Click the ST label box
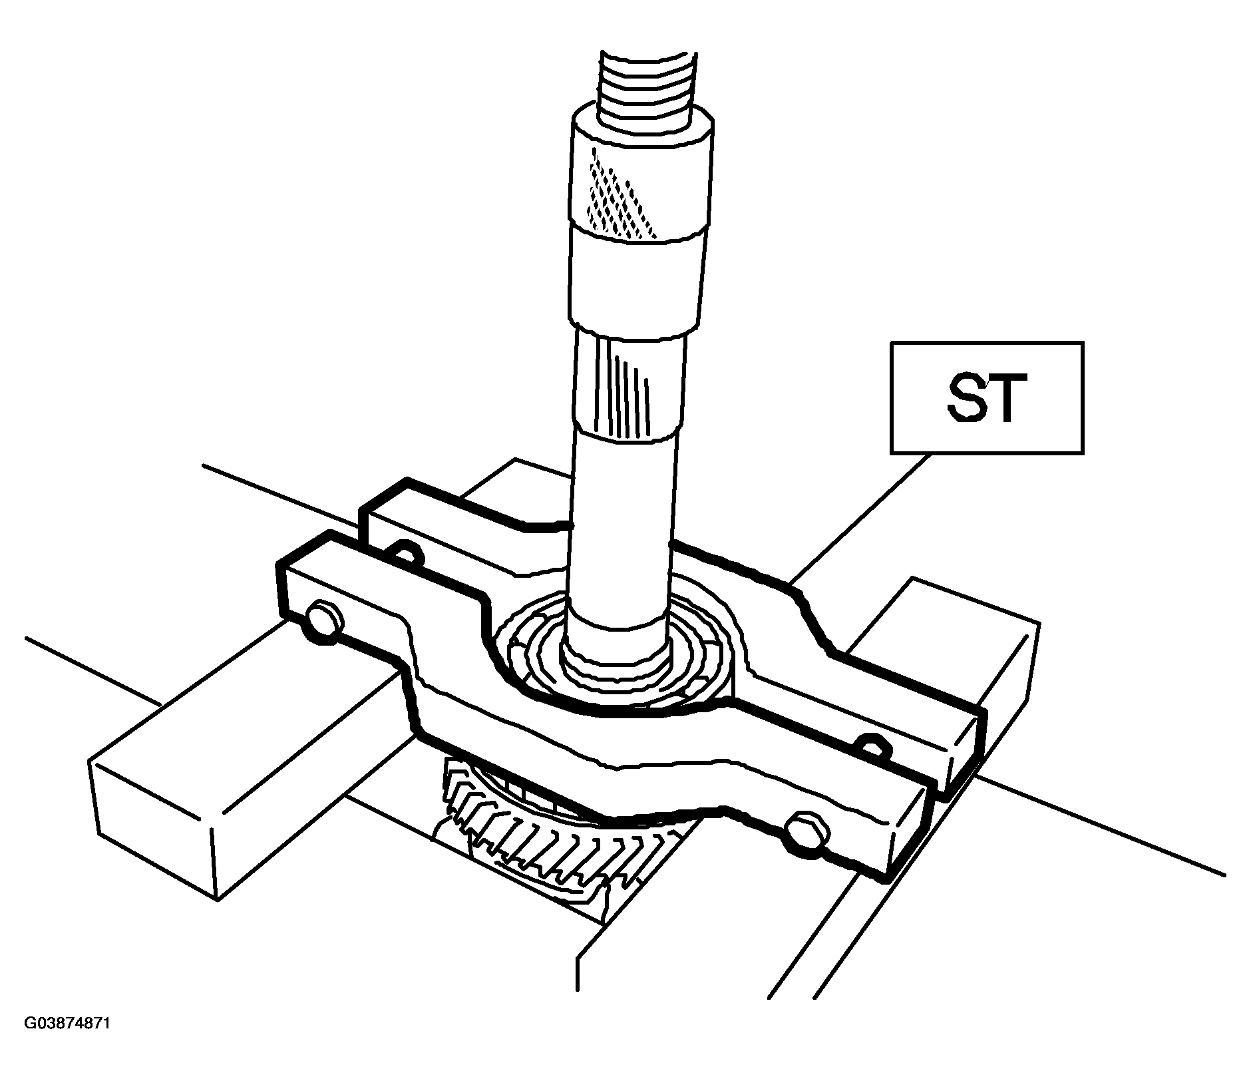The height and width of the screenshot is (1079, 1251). pyautogui.click(x=987, y=398)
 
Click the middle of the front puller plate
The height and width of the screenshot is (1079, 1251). pyautogui.click(x=599, y=719)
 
